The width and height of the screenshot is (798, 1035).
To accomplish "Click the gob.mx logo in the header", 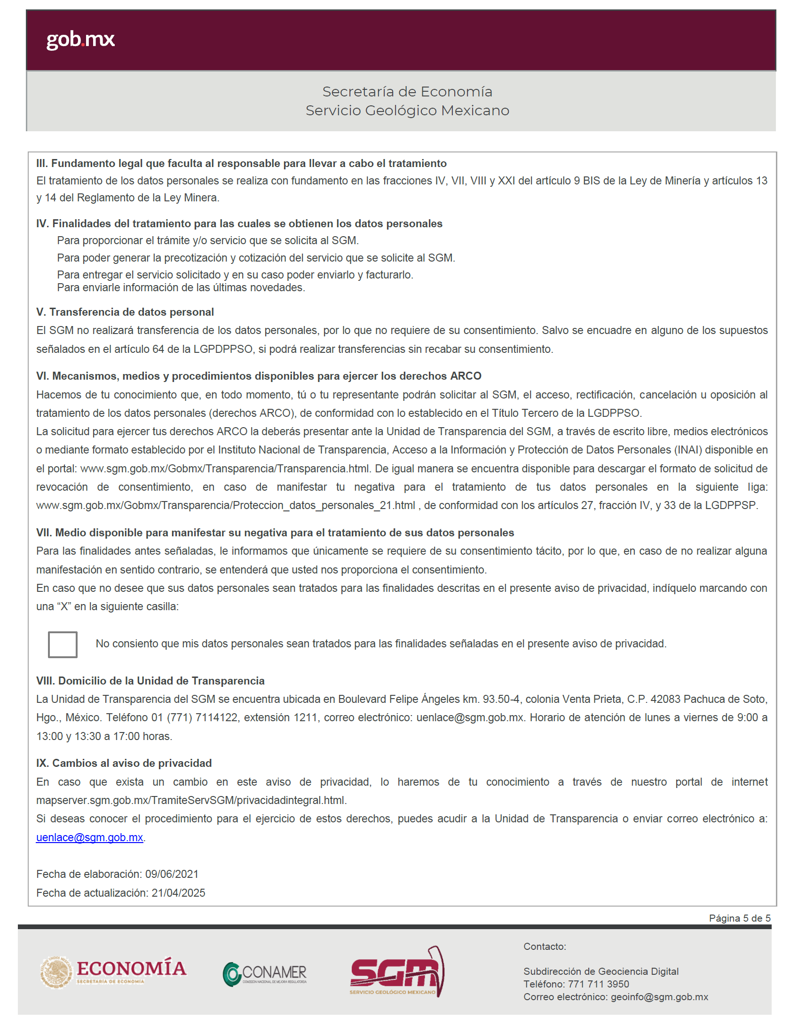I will (80, 40).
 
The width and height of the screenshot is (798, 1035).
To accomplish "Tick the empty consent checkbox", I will (63, 644).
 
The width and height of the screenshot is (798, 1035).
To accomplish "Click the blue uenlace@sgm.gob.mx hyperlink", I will (89, 837).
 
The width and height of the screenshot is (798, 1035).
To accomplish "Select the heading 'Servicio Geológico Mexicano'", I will (407, 111).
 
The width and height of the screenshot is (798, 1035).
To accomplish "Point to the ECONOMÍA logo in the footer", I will (114, 971).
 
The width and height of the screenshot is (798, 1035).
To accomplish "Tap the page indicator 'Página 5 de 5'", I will (739, 918).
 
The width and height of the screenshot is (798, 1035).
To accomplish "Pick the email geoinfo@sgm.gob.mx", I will (659, 996).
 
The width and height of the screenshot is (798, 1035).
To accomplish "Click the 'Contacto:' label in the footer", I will (545, 947).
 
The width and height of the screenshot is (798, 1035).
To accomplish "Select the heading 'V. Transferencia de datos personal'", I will (125, 312).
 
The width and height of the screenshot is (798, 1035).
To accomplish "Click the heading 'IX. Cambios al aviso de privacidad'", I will (124, 763).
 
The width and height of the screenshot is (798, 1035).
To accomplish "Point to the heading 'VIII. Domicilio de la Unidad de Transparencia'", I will (150, 681).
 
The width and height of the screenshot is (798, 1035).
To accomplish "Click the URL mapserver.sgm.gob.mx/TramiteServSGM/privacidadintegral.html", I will (191, 800).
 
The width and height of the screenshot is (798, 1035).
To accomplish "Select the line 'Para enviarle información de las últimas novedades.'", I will (181, 287).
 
